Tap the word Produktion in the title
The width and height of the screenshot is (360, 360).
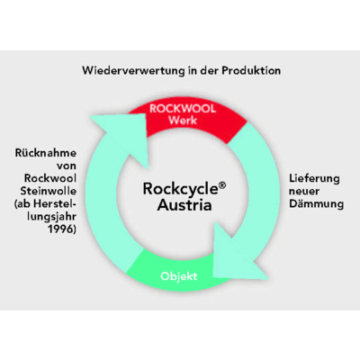(251, 71)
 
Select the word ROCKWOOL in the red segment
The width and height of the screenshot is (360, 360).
(183, 109)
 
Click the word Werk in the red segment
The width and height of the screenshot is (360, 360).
(183, 121)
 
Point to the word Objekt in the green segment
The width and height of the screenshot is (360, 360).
(179, 276)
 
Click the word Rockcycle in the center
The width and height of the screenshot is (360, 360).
(181, 189)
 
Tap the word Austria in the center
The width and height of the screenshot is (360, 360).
(184, 206)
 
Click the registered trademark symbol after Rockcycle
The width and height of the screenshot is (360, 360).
(222, 185)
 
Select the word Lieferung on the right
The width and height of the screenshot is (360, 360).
(314, 178)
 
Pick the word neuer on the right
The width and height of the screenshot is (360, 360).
(304, 191)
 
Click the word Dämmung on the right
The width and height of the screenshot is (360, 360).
(317, 204)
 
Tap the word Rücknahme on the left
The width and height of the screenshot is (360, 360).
(46, 153)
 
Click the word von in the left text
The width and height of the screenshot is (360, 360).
(67, 166)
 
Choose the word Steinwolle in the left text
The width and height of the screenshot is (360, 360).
(49, 191)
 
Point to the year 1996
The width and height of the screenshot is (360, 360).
(62, 229)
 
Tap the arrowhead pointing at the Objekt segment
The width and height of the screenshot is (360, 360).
(236, 255)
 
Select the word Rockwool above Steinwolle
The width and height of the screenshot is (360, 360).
(50, 178)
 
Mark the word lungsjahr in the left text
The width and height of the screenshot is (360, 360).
(51, 217)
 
